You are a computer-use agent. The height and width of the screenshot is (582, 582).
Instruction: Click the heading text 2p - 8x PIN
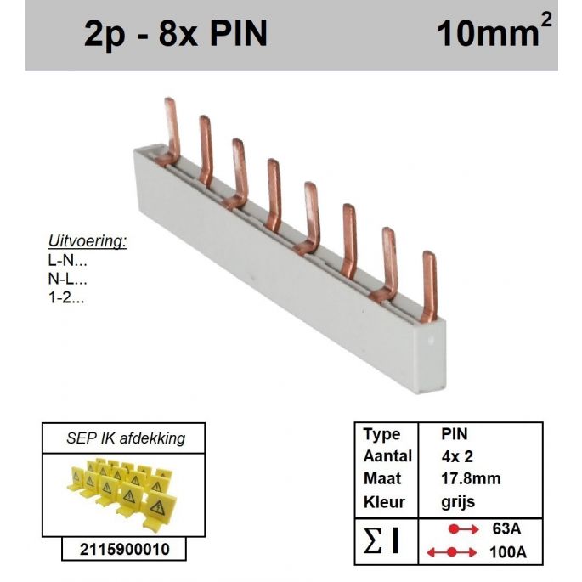coord(176,33)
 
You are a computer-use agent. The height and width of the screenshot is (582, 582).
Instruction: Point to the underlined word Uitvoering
coord(88,241)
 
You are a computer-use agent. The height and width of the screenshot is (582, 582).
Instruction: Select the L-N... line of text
coord(68,261)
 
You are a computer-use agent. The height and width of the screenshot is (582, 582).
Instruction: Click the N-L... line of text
coord(68,280)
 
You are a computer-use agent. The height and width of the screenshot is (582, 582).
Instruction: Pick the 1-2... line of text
coord(66,297)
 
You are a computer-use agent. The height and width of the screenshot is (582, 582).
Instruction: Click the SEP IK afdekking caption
coord(126,438)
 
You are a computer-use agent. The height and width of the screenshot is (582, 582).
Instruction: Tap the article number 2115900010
coord(124,550)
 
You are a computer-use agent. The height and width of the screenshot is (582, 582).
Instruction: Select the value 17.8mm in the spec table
coord(471,479)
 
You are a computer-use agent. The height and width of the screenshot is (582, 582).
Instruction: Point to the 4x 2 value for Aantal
coord(457,456)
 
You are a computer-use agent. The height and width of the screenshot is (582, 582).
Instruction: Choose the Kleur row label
coord(384,502)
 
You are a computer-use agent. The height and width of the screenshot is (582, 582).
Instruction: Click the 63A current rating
coord(506,529)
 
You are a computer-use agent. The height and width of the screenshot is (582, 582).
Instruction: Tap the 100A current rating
coord(508,552)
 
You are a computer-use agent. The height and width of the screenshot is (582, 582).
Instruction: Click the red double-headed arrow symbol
coord(451,552)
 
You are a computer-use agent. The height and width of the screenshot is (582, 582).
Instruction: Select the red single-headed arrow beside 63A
coord(463,529)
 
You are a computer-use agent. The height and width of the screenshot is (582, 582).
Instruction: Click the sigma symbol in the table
coord(373,541)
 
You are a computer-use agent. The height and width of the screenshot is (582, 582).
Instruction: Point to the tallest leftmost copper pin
coord(170,131)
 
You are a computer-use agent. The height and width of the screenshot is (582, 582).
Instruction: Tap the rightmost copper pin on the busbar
coord(429,286)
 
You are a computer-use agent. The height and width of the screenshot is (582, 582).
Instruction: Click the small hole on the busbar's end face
coord(431,340)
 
